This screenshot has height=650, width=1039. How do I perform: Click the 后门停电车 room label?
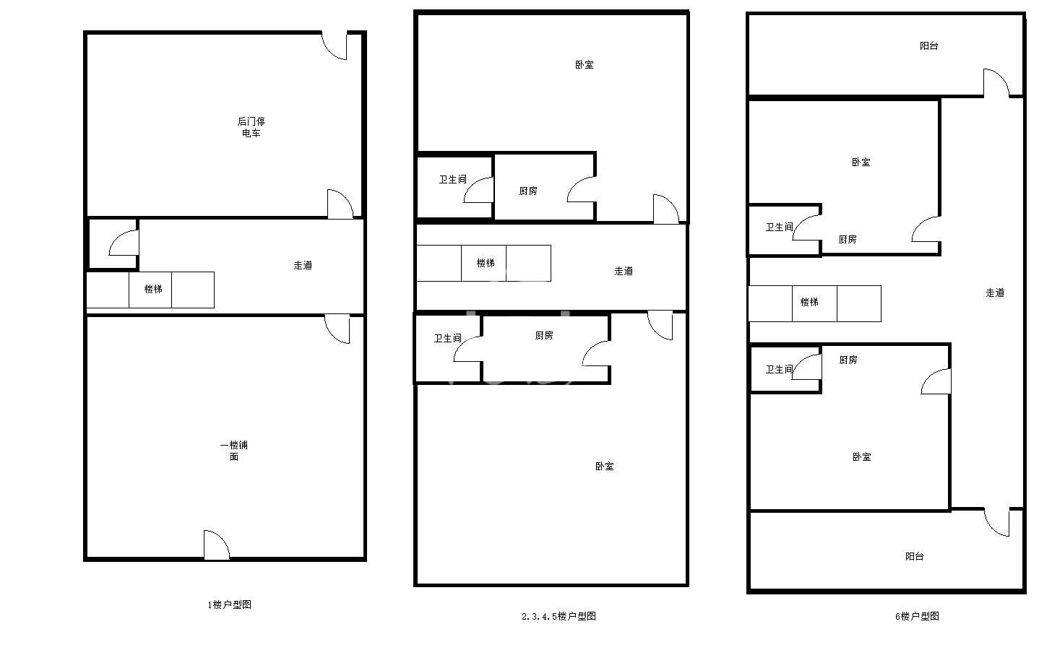pyautogui.click(x=251, y=127)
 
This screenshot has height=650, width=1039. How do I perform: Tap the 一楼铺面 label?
pyautogui.click(x=234, y=451)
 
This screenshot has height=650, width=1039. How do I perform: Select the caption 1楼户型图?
pyautogui.click(x=229, y=604)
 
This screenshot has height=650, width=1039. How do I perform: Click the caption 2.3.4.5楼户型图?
pyautogui.click(x=559, y=616)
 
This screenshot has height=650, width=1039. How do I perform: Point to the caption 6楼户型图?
pyautogui.click(x=917, y=616)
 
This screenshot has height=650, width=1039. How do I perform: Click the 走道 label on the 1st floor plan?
pyautogui.click(x=303, y=265)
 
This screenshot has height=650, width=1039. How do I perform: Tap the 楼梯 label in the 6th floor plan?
pyautogui.click(x=809, y=302)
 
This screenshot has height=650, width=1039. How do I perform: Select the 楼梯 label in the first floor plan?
pyautogui.click(x=153, y=289)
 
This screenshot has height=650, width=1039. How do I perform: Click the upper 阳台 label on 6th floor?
pyautogui.click(x=929, y=45)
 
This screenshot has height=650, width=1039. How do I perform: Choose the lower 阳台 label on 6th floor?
pyautogui.click(x=915, y=556)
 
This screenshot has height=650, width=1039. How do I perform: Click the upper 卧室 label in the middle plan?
pyautogui.click(x=585, y=64)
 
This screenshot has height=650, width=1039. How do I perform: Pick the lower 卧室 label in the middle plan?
pyautogui.click(x=604, y=466)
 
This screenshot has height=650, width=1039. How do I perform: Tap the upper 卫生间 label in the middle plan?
pyautogui.click(x=453, y=179)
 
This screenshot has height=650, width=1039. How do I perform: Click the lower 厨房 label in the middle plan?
pyautogui.click(x=543, y=335)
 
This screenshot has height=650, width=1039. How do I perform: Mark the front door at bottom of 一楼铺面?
pyautogui.click(x=217, y=545)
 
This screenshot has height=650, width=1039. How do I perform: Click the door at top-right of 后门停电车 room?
pyautogui.click(x=335, y=45)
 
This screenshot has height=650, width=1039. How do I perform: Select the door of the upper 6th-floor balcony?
pyautogui.click(x=996, y=83)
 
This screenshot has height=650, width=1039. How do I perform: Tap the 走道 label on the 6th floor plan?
pyautogui.click(x=995, y=292)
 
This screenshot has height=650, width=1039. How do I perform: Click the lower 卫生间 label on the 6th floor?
pyautogui.click(x=779, y=369)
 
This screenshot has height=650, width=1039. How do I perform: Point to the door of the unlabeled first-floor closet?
pyautogui.click(x=124, y=243)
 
